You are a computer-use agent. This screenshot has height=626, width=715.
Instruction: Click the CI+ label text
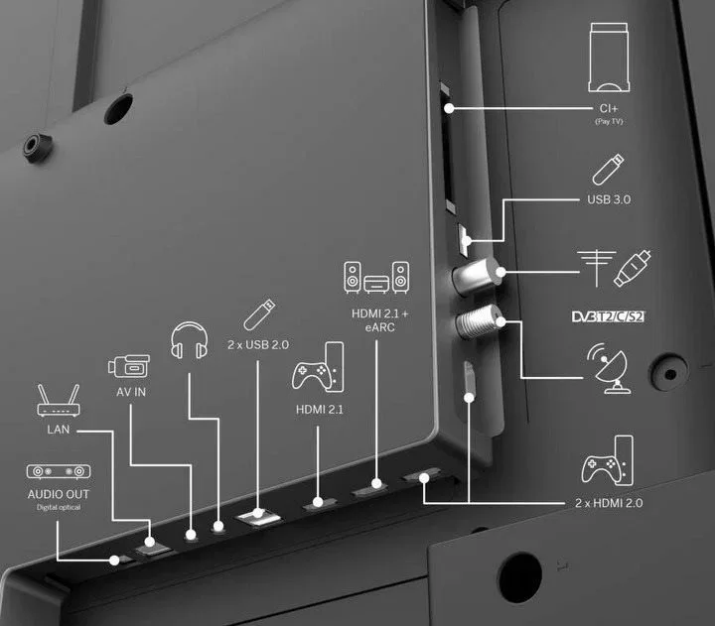(x=609, y=108)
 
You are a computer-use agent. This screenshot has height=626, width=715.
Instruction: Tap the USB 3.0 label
(x=609, y=199)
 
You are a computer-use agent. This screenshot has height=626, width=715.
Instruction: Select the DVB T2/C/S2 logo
(x=609, y=316)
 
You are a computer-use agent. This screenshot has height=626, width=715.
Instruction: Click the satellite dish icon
(x=609, y=368)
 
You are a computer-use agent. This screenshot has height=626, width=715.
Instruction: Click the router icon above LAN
(x=59, y=401)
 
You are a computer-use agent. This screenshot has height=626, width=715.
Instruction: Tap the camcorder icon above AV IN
(x=129, y=366)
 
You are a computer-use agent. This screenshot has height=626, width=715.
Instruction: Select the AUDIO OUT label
(x=59, y=494)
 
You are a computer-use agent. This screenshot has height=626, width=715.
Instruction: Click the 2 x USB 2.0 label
(x=258, y=345)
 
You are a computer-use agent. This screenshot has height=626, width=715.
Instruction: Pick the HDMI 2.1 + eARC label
(x=379, y=320)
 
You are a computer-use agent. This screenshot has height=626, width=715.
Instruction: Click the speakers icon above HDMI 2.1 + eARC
(x=376, y=278)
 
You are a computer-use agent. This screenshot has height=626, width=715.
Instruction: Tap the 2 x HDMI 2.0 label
(x=609, y=503)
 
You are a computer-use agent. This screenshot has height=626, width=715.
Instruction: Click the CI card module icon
(x=609, y=58)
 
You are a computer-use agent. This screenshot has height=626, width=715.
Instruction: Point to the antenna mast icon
(x=597, y=268)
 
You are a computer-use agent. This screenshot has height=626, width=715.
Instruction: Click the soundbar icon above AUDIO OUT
(x=59, y=471)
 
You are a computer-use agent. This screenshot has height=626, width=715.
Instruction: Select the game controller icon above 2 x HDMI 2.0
(x=608, y=460)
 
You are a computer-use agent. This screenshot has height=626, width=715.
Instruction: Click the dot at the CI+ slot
(x=449, y=108)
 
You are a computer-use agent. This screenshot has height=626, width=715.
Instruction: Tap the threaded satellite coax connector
(x=479, y=321)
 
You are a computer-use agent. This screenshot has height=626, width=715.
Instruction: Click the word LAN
(x=59, y=430)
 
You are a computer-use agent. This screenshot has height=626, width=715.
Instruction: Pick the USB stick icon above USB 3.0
(x=609, y=170)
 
